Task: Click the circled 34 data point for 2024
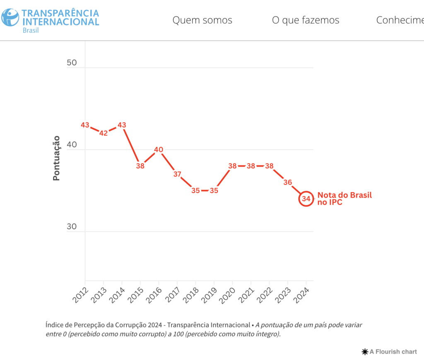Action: click(x=306, y=199)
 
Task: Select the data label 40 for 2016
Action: click(x=159, y=150)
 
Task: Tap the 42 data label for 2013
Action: click(x=104, y=133)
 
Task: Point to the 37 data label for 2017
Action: click(x=177, y=174)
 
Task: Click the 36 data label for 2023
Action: click(x=288, y=182)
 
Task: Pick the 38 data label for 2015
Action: click(x=140, y=166)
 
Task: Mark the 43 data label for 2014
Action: click(x=122, y=125)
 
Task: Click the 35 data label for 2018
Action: click(x=195, y=191)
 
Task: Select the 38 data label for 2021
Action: click(x=251, y=166)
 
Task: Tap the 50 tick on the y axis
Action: click(x=71, y=63)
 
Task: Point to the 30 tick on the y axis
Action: click(x=71, y=227)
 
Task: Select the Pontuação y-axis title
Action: click(x=57, y=158)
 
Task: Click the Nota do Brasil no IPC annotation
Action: click(x=344, y=199)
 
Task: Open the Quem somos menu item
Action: click(x=202, y=20)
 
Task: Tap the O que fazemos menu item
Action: click(x=306, y=20)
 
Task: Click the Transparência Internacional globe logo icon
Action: click(x=10, y=17)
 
